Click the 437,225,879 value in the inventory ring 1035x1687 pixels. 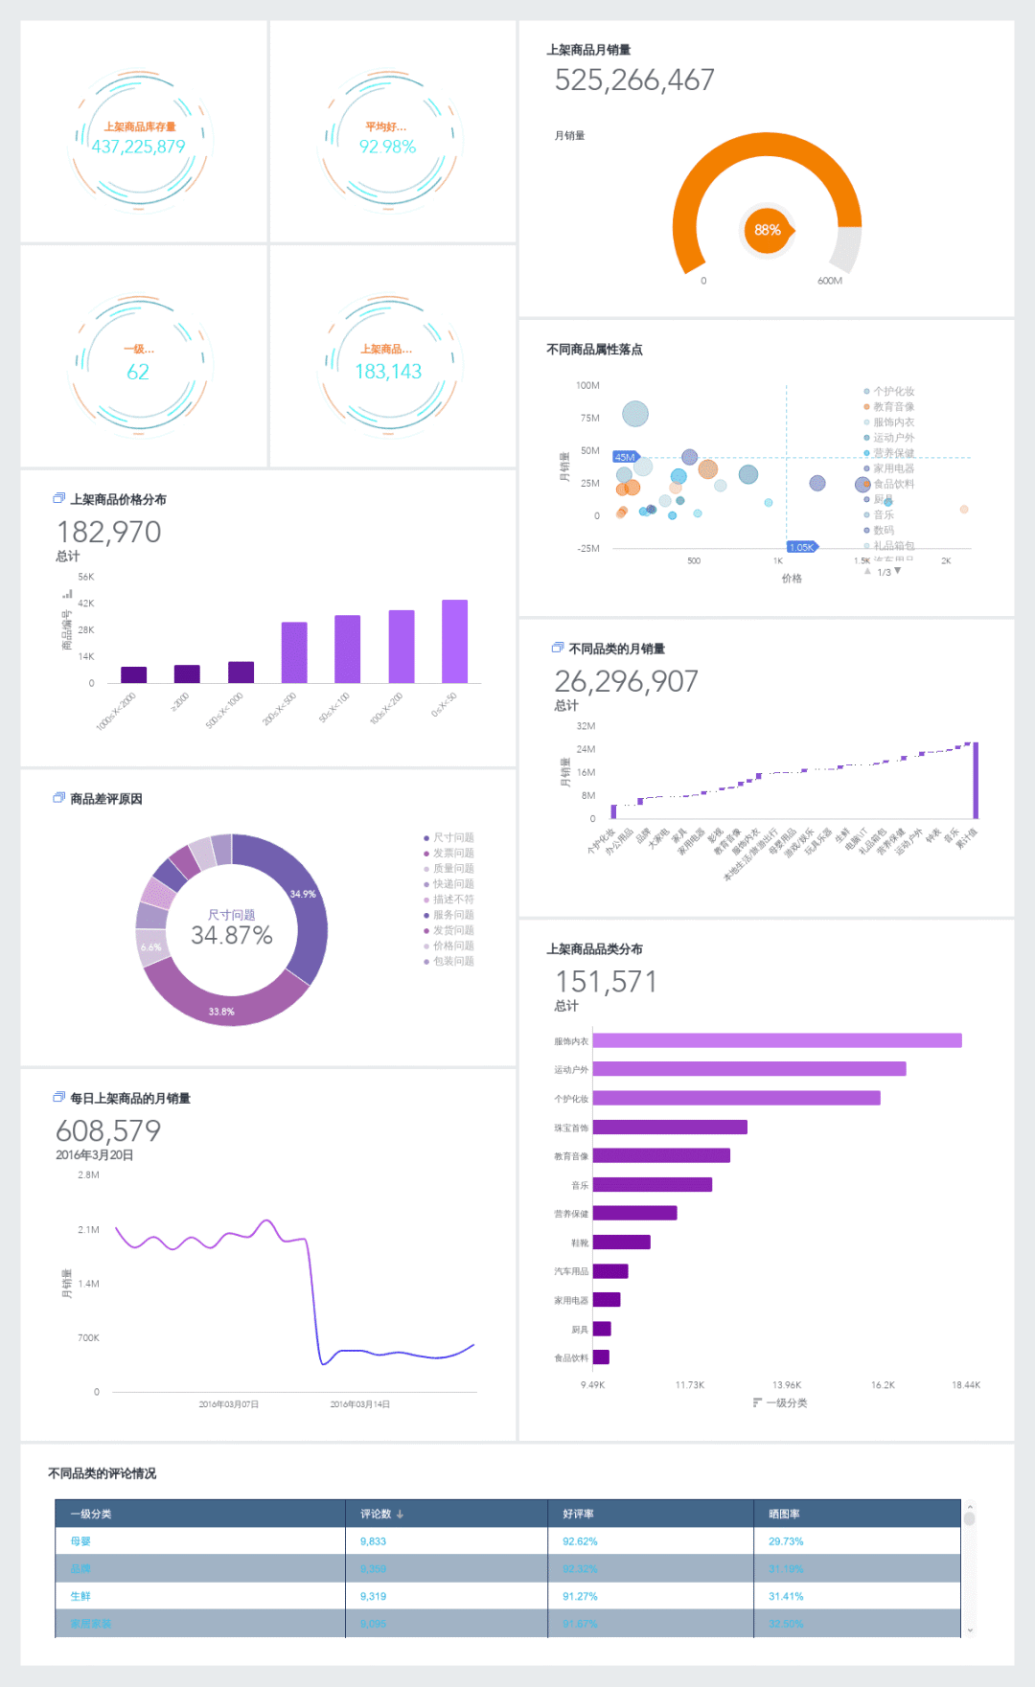click(139, 147)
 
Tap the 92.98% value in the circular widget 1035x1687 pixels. click(387, 147)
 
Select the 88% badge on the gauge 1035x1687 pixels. click(768, 230)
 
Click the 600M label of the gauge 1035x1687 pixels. click(830, 281)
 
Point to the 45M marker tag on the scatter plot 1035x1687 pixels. click(625, 457)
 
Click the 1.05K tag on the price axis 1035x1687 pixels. click(802, 547)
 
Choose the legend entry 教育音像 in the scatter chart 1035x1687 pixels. click(893, 407)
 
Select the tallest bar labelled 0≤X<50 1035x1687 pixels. click(454, 641)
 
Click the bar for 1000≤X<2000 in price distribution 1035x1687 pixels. click(133, 674)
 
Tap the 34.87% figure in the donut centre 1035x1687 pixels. click(232, 935)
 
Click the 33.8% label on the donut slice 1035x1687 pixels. click(221, 1012)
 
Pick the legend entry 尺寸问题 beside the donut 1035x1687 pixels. click(453, 838)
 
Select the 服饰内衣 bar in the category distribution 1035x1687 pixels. click(777, 1040)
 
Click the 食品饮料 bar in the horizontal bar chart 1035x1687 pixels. click(601, 1356)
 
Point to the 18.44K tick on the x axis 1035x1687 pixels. click(965, 1385)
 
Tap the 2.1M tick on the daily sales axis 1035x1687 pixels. click(88, 1229)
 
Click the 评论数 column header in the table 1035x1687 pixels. click(376, 1514)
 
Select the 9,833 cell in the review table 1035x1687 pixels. click(373, 1541)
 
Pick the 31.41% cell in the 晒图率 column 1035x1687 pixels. click(786, 1596)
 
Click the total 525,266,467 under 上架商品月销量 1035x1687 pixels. click(634, 80)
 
